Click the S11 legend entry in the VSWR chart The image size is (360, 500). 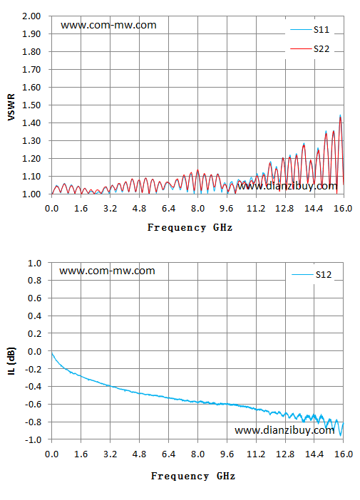tap(309, 30)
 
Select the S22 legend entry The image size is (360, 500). tap(309, 48)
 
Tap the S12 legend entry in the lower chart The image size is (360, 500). tap(312, 274)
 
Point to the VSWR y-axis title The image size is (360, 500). tap(11, 107)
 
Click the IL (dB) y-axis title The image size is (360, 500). tap(11, 360)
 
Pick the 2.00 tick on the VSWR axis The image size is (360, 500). tap(31, 16)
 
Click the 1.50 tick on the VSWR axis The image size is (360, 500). tap(31, 105)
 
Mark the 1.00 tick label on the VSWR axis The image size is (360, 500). tap(31, 194)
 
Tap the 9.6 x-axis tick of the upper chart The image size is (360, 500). tap(227, 209)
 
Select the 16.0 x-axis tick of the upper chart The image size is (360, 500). tap(344, 209)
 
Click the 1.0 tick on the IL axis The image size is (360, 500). tap(35, 263)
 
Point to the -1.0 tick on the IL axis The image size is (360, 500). tap(34, 439)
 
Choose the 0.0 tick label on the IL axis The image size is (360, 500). tap(35, 351)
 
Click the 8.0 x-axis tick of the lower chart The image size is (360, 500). tap(197, 454)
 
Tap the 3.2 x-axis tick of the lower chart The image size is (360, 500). tap(110, 454)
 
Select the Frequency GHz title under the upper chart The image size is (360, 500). tap(190, 228)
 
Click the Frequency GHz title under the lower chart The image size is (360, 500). tap(193, 476)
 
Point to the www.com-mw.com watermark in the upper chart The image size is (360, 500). tap(108, 25)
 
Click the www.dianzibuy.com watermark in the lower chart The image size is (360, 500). tap(284, 430)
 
